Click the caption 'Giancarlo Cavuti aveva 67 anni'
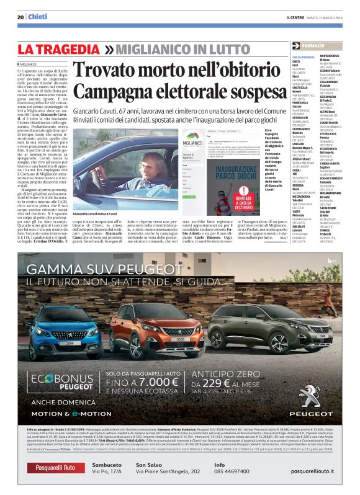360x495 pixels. coord(94,196)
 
